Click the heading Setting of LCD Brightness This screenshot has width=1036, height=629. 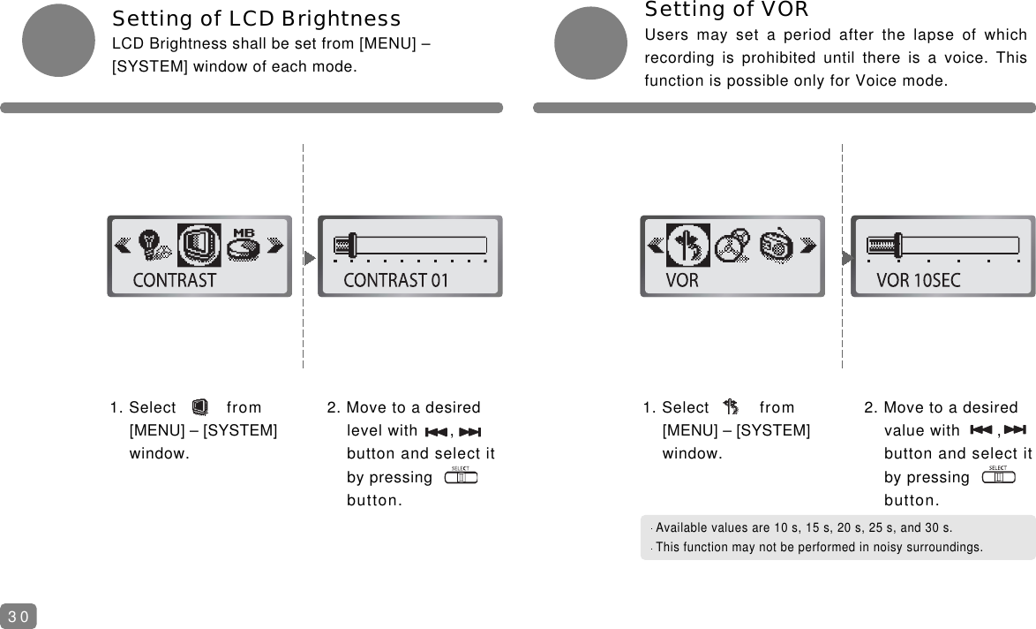coord(256,19)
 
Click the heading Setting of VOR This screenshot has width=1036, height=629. coord(727,10)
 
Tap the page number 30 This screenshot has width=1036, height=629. coord(19,616)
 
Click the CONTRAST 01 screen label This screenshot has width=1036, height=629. coord(396,281)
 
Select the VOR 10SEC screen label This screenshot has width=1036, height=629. coord(919,281)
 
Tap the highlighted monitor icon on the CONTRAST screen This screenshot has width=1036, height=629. coord(199,245)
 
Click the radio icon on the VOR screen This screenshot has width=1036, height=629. coord(777,245)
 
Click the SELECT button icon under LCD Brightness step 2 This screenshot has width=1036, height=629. coord(461,477)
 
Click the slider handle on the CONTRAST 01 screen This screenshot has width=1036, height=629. coord(351,245)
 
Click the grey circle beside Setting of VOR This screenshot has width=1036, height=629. coord(590,42)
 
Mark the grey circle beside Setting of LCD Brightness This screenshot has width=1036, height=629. coord(57,40)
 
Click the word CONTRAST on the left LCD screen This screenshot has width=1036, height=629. coord(175,281)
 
